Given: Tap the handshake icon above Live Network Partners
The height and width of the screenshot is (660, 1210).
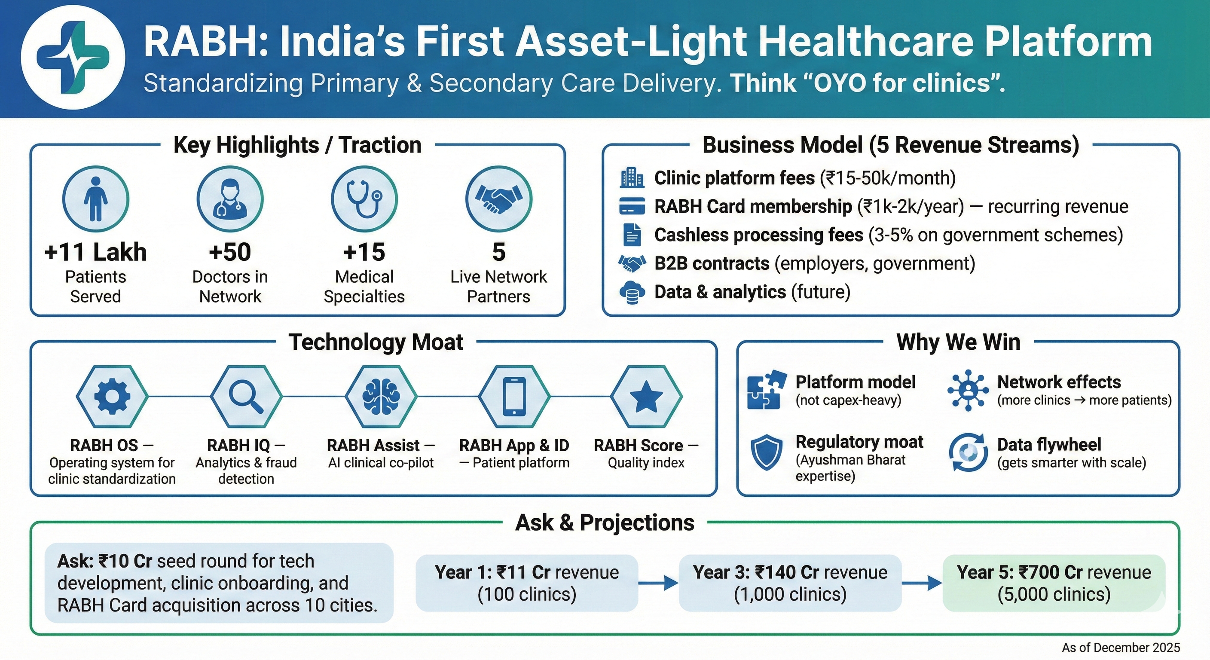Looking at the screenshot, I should point(498,199).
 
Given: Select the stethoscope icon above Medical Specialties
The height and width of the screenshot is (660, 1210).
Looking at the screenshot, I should point(364,199).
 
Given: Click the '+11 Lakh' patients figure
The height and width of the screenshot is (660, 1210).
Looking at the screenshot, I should point(95,252).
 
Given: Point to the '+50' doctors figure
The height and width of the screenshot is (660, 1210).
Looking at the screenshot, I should point(230,252).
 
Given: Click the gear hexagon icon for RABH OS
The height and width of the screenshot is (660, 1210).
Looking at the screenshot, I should point(112,397).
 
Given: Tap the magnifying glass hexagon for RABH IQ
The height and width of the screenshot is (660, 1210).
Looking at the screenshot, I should point(246,397).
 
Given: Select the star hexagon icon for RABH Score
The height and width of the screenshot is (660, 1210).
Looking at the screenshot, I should point(646,397).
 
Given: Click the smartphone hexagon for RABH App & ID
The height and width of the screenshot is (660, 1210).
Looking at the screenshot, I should point(514,397).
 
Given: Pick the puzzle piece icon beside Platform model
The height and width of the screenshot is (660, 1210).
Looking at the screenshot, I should point(766,390).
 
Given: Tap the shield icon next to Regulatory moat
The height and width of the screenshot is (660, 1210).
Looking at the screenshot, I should point(766,452).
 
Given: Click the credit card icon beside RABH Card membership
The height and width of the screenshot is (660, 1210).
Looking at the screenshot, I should point(632,207).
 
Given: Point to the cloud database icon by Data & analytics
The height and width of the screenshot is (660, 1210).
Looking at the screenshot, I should point(632,292).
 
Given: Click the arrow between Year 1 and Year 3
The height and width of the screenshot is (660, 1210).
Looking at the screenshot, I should point(658,584).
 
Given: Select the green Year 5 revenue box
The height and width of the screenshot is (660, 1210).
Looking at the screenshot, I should point(1054,584).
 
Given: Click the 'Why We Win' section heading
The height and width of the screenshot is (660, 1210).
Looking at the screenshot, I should point(958,342).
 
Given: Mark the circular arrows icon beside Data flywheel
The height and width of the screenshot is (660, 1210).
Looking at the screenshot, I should point(968,452).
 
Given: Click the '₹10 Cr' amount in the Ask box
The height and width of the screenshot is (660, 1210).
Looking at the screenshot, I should point(125,561).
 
